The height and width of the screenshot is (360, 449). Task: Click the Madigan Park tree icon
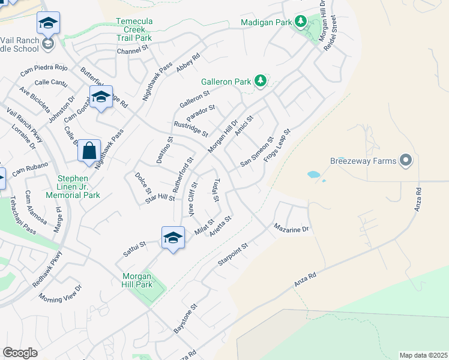click(x=300, y=23)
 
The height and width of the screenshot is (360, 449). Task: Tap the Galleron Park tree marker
click(x=260, y=80)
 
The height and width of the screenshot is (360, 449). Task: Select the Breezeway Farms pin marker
click(x=406, y=161)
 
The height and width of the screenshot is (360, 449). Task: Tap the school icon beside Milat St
click(x=173, y=238)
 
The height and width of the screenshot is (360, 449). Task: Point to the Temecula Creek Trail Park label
click(x=134, y=29)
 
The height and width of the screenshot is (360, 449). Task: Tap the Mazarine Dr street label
click(x=291, y=229)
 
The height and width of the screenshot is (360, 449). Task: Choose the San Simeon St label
click(x=256, y=151)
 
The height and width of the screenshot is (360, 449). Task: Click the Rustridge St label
click(x=190, y=128)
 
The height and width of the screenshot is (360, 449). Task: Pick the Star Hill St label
click(x=160, y=198)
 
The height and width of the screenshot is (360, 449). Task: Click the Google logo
click(x=20, y=353)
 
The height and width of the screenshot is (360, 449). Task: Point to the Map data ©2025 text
click(x=423, y=355)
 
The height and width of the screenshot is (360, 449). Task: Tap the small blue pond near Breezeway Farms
click(x=313, y=175)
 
